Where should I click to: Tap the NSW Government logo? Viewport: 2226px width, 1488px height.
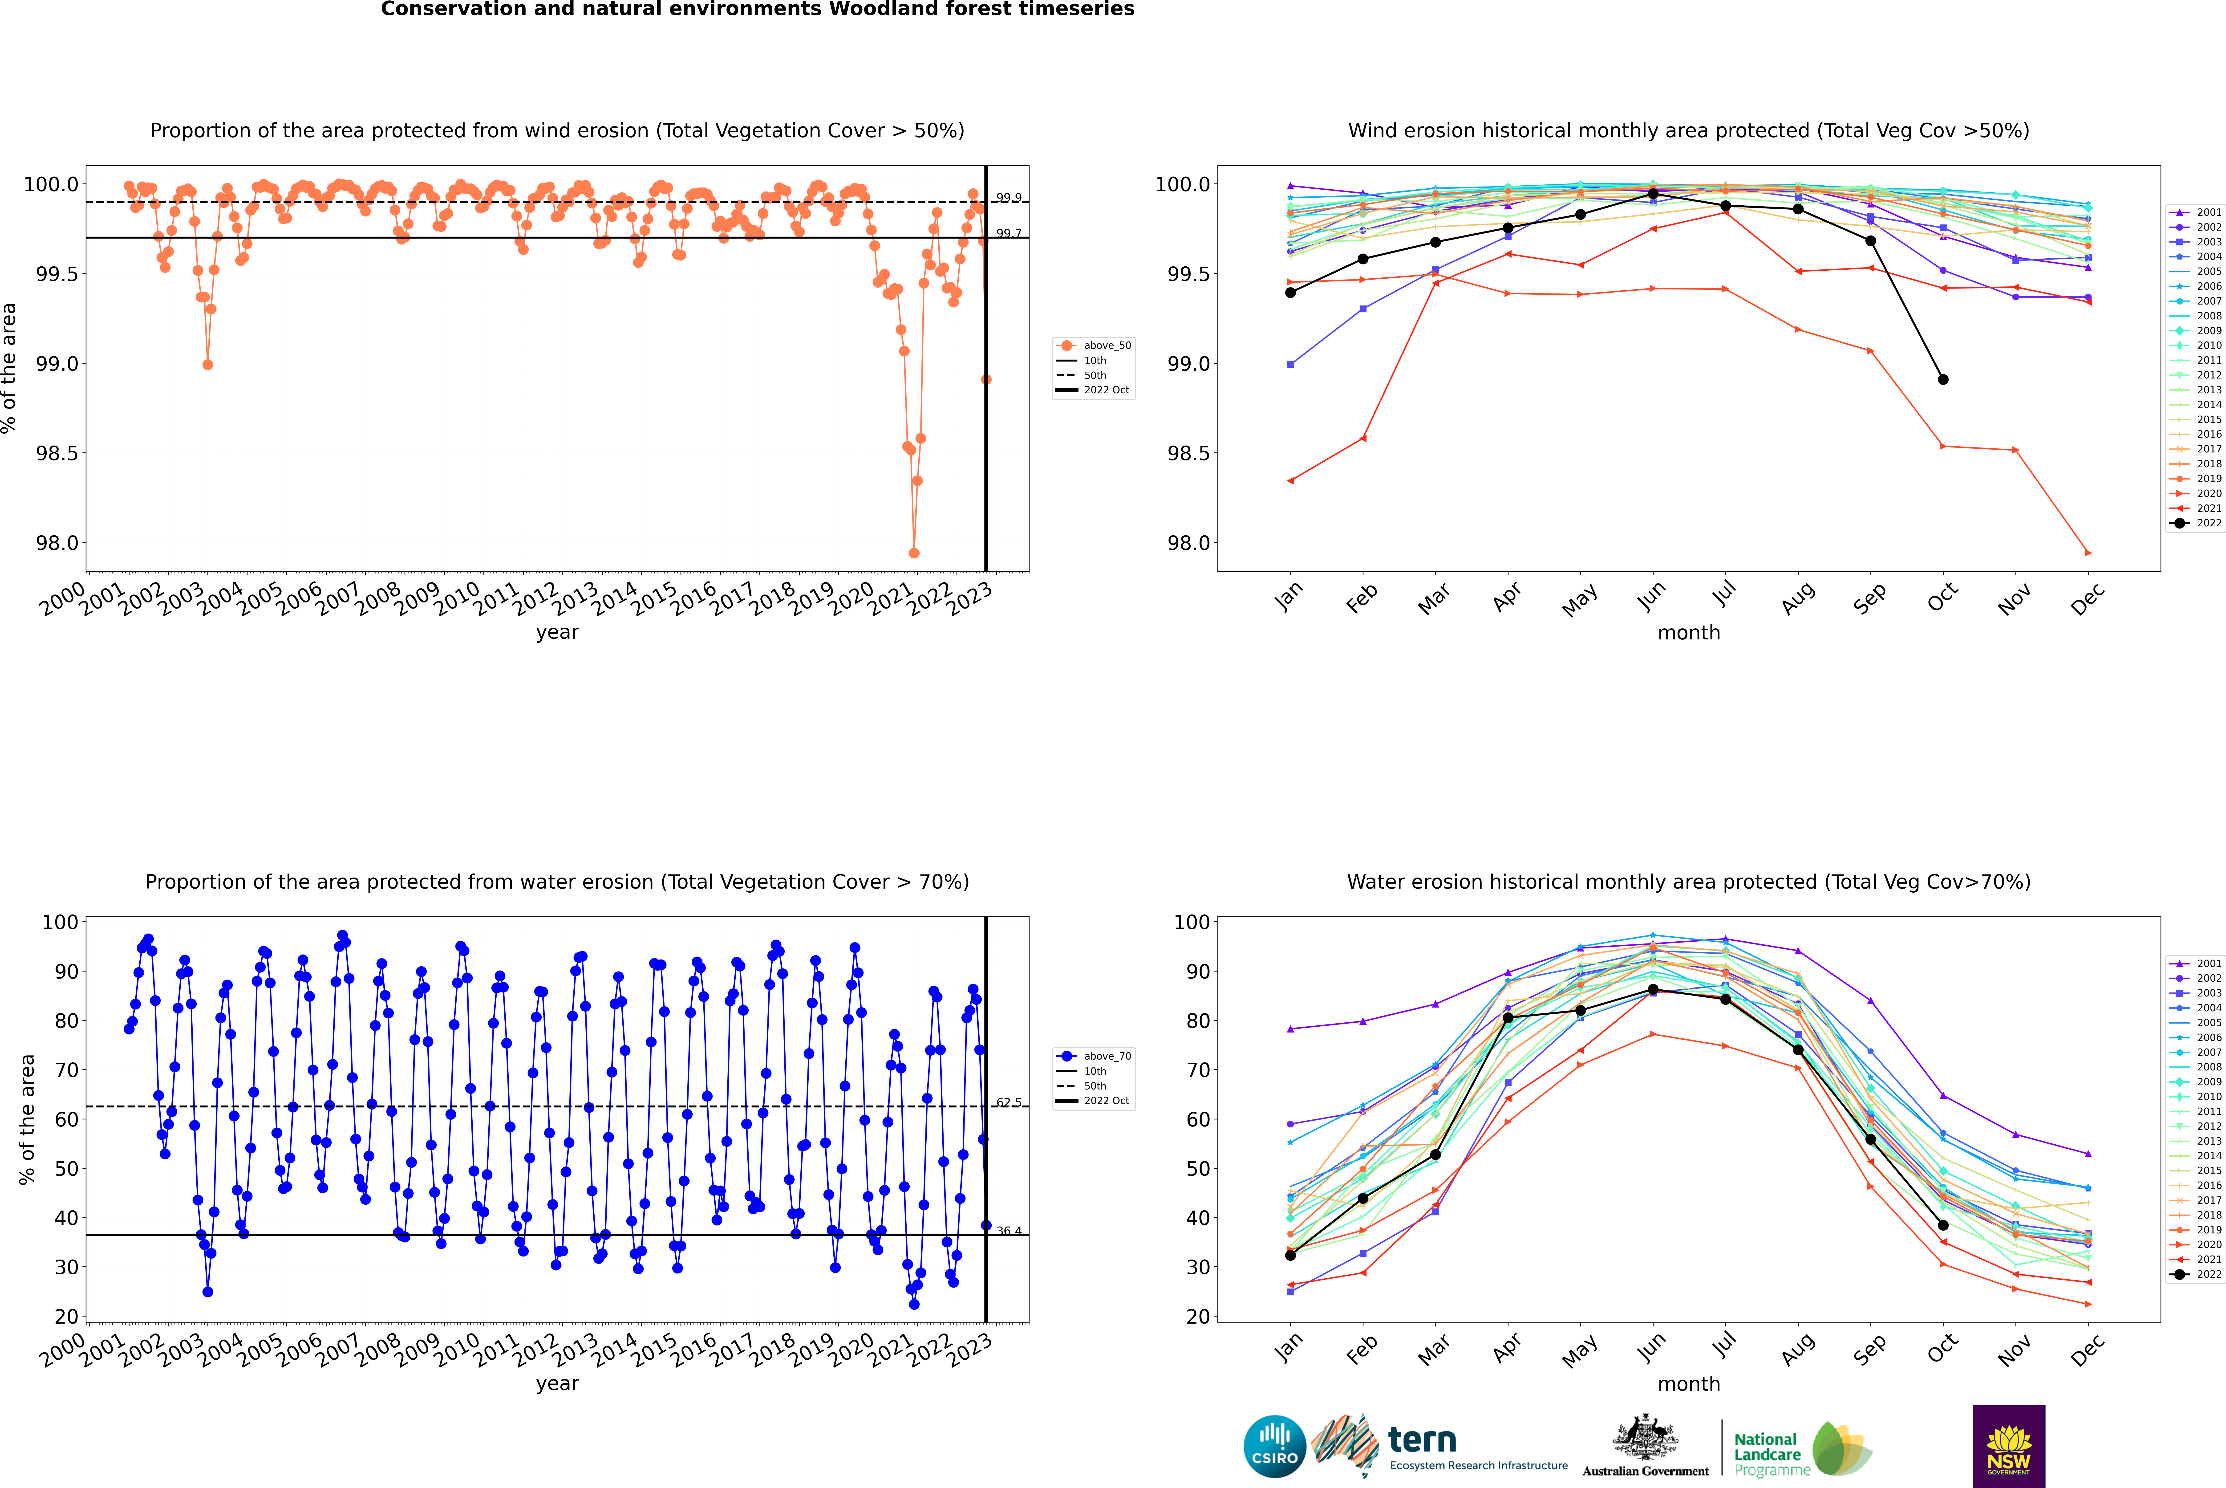(x=2009, y=1446)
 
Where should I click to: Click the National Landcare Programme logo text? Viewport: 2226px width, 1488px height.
(x=1767, y=1454)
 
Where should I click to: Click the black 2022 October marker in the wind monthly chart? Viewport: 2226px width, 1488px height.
(x=1942, y=380)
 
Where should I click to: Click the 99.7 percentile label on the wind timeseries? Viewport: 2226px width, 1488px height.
(x=1009, y=233)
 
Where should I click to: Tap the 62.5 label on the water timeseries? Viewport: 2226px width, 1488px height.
(x=1009, y=1103)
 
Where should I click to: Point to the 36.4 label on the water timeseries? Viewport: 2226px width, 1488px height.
(x=1009, y=1231)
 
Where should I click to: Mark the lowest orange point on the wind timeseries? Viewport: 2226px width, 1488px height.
(x=914, y=553)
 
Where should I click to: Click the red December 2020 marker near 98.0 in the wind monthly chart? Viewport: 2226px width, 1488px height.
(x=2088, y=553)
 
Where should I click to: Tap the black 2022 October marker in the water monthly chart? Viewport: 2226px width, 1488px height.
(x=1942, y=1225)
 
